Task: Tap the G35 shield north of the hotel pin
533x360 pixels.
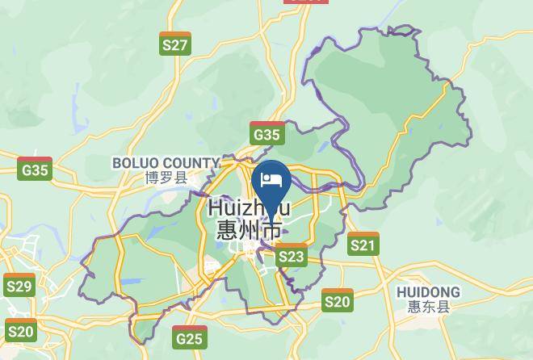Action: (x=266, y=134)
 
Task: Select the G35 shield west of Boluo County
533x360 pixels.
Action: (x=36, y=169)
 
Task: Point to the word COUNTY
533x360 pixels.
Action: (x=191, y=163)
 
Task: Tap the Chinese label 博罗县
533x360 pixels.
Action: (x=166, y=178)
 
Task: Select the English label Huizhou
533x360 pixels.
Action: (x=249, y=208)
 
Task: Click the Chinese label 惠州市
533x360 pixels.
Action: (x=249, y=230)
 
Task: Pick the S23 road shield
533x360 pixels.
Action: (x=292, y=257)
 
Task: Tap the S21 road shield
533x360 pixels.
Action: (x=363, y=244)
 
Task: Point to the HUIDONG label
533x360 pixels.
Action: (x=428, y=291)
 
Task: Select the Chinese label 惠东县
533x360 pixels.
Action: (x=428, y=306)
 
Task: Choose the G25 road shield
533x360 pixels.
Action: (x=189, y=337)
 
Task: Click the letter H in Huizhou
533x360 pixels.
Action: (x=216, y=208)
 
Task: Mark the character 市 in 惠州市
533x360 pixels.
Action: (x=272, y=230)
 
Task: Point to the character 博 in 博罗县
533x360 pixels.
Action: (x=153, y=178)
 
